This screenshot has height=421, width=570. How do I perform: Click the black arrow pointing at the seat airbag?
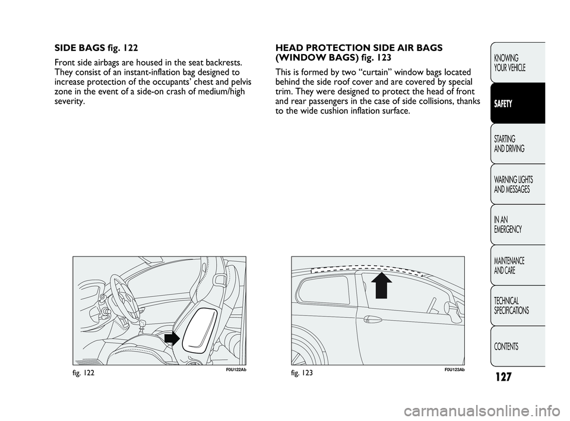tap(171, 338)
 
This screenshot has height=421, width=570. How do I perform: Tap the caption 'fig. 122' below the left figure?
tap(85, 372)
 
